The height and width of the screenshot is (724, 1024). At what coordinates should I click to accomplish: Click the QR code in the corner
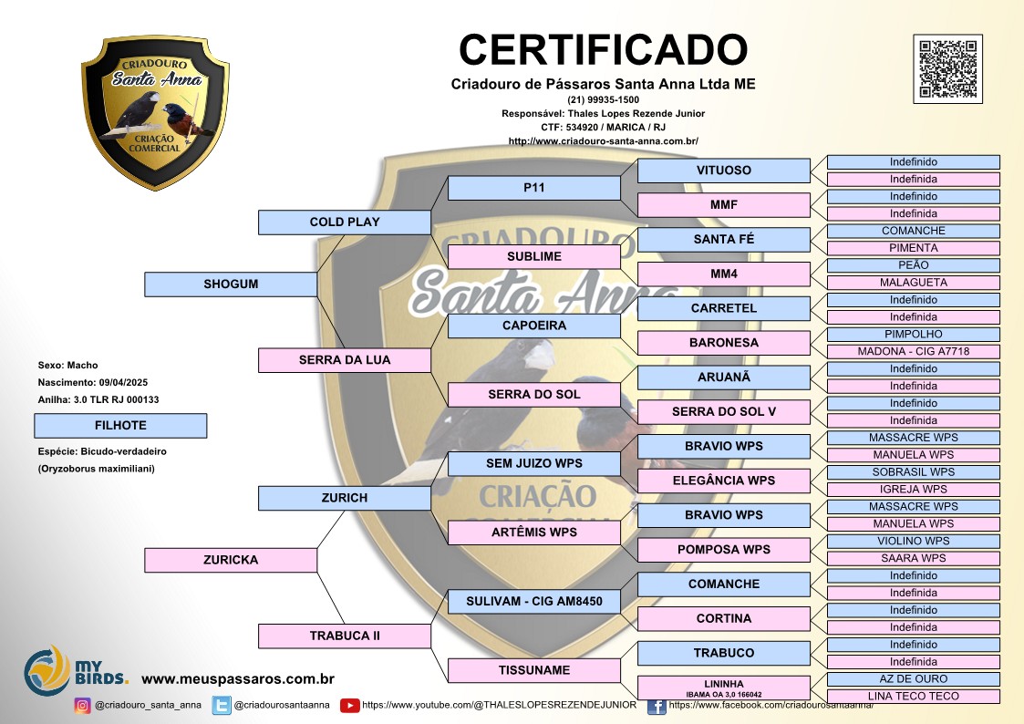click(x=947, y=68)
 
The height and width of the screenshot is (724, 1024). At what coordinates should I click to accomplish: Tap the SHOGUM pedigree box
click(x=231, y=284)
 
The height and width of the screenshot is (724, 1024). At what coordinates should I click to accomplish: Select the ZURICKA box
click(x=231, y=560)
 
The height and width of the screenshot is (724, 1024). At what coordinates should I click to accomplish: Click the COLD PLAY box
click(x=344, y=222)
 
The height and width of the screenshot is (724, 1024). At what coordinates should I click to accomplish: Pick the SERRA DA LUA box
click(x=344, y=359)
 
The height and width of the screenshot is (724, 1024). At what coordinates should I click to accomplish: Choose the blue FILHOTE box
click(x=120, y=426)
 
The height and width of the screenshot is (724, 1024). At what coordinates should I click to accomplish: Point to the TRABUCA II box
click(x=344, y=636)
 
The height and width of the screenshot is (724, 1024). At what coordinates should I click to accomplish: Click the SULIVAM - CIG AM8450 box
click(x=534, y=601)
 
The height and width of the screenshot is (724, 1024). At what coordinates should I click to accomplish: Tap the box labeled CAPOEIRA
click(x=534, y=326)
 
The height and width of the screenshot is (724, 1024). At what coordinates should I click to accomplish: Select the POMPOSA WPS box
click(x=724, y=550)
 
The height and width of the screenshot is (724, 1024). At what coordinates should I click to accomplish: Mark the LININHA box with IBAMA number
click(x=724, y=688)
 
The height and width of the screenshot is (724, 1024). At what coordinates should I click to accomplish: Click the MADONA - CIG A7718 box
click(x=914, y=351)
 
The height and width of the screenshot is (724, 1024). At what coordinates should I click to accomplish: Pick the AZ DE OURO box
click(x=914, y=679)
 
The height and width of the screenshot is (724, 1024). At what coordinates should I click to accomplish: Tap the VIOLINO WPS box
click(x=914, y=542)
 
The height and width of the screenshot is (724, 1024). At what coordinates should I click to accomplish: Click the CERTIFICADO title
click(x=604, y=49)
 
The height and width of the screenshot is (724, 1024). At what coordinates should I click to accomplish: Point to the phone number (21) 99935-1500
click(x=604, y=100)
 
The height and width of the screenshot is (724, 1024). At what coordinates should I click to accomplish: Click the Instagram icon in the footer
click(x=82, y=706)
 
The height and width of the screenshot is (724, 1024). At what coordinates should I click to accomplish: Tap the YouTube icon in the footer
click(x=350, y=706)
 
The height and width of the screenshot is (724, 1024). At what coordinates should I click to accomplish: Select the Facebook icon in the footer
click(x=657, y=706)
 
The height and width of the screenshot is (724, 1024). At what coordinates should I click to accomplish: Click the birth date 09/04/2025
click(x=123, y=383)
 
